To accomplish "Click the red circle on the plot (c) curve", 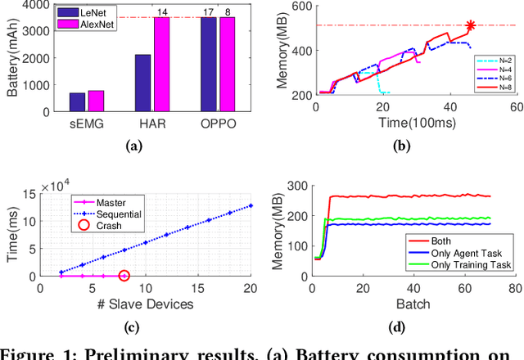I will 124,276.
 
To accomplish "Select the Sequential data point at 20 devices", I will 251,205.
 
